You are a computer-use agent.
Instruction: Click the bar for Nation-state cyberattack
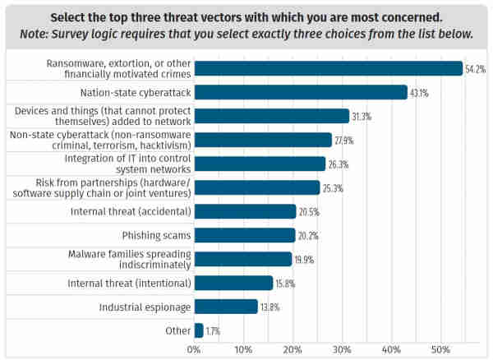[301, 92]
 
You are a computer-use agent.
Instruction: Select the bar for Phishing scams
[245, 235]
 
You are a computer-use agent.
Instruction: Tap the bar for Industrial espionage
[226, 307]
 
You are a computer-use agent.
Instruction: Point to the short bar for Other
[199, 330]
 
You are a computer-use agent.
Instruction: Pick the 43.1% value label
[420, 92]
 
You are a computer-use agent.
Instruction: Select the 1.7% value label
[213, 330]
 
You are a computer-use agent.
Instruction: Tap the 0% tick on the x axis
[195, 349]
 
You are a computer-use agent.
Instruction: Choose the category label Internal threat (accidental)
[131, 211]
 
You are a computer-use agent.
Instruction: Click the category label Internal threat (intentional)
[129, 283]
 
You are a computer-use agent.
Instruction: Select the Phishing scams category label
[157, 235]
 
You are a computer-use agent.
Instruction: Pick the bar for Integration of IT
[260, 164]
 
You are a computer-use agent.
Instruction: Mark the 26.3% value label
[338, 164]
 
